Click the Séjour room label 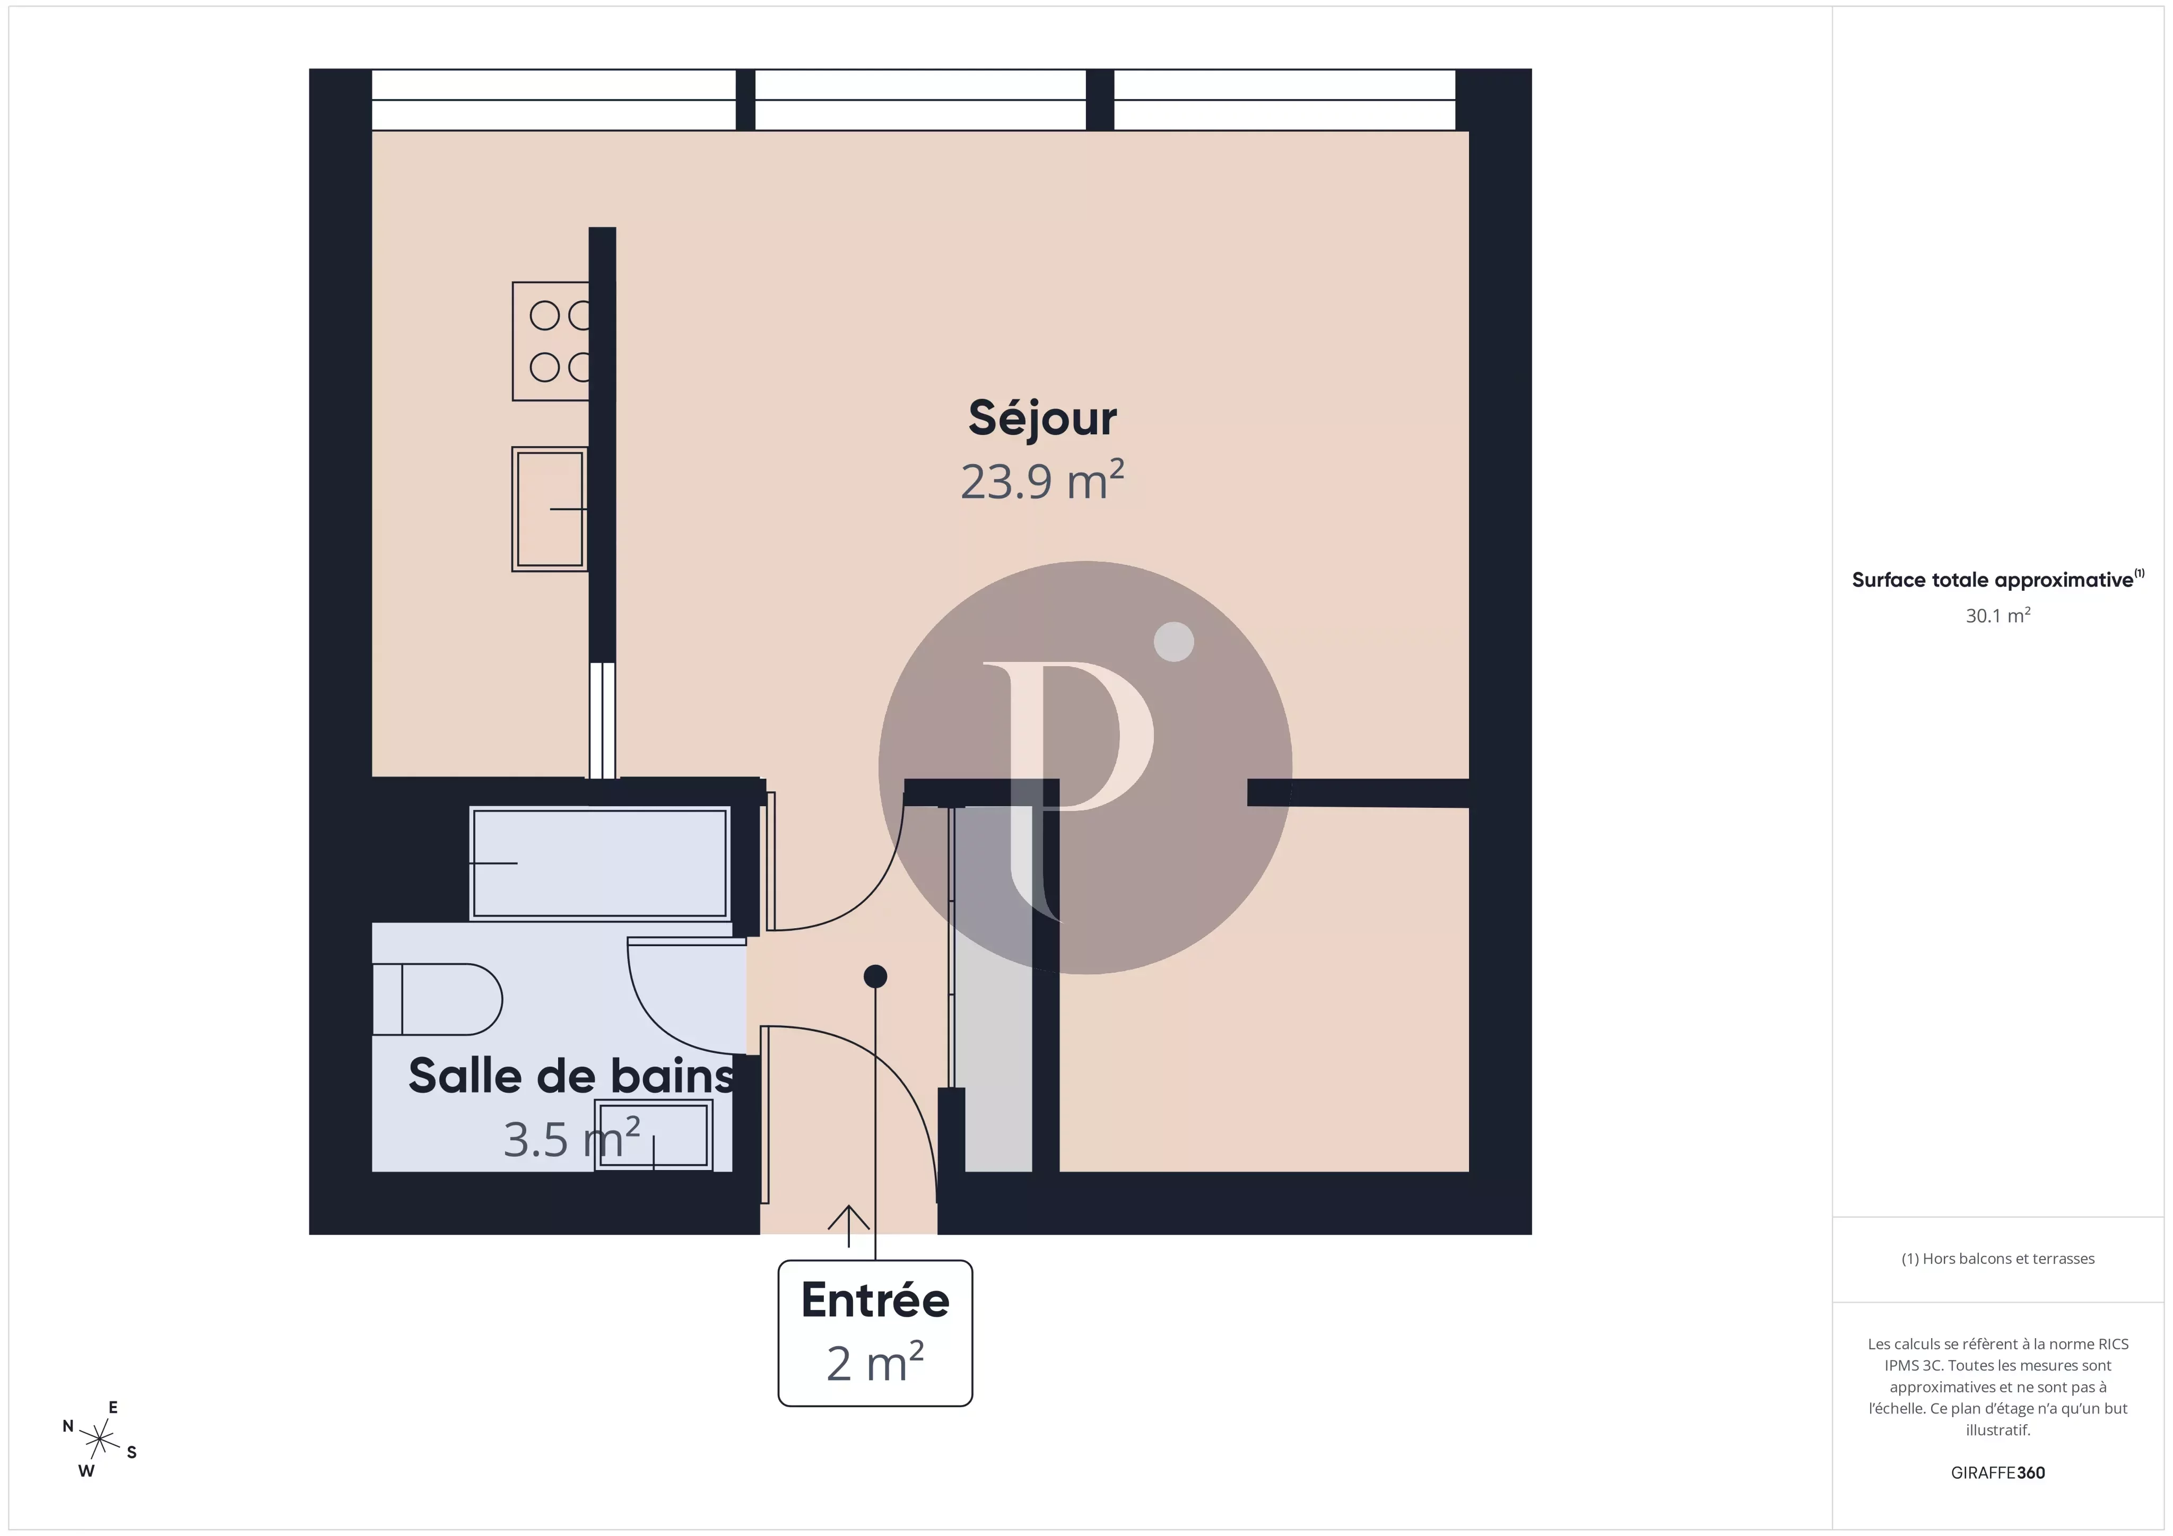1042,418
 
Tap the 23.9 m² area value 1042,480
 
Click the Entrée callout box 874,1332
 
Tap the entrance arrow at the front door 849,1226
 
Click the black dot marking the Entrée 875,976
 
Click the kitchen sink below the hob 550,509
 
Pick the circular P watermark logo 1085,767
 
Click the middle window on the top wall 920,99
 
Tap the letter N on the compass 68,1426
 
